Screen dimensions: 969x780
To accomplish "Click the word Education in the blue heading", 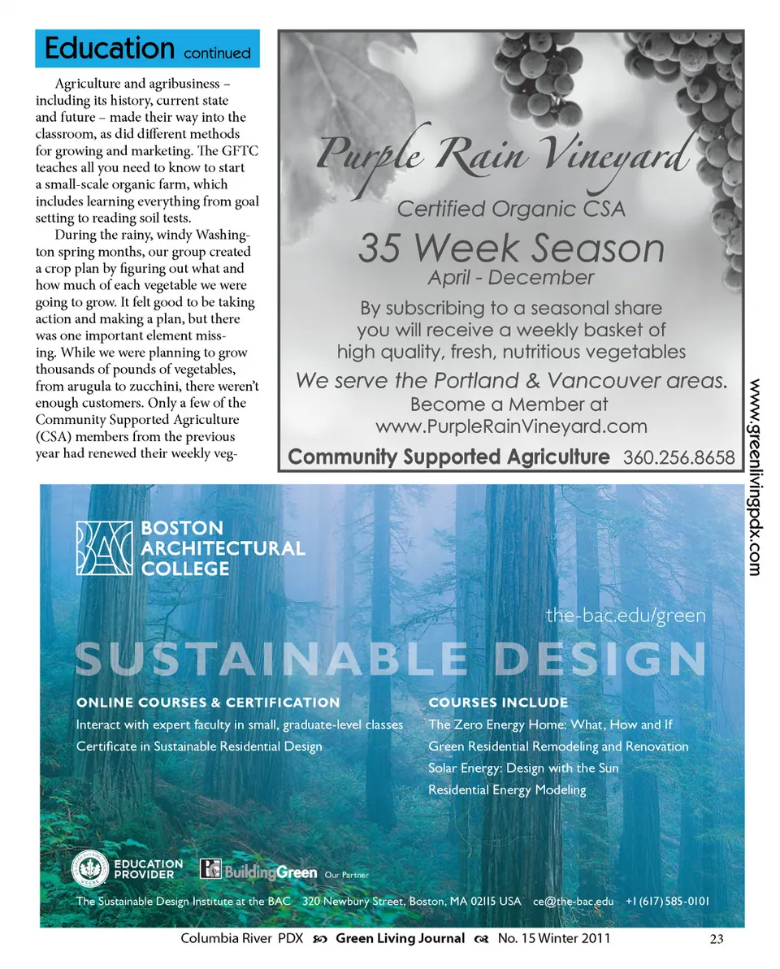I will coord(110,49).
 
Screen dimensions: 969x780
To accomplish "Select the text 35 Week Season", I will coord(511,249).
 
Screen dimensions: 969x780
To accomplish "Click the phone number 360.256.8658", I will coord(678,457).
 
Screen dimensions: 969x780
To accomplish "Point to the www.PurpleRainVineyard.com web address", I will coord(511,426).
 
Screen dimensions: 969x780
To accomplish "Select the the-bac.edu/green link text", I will coord(626,616).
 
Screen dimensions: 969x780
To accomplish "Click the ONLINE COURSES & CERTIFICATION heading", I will coord(208,702).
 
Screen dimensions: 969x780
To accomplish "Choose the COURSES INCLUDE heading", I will coord(498,702).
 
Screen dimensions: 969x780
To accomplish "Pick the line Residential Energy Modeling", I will coord(507,789).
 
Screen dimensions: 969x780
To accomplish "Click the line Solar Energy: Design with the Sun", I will coord(523,768).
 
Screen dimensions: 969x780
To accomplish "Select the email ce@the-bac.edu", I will coord(573,902).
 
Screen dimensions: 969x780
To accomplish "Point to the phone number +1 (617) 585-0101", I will coord(667,902).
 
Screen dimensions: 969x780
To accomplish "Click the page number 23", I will coord(716,940).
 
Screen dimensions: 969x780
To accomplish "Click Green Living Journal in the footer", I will coord(400,939).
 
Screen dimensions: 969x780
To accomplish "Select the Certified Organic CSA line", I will coord(511,209).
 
